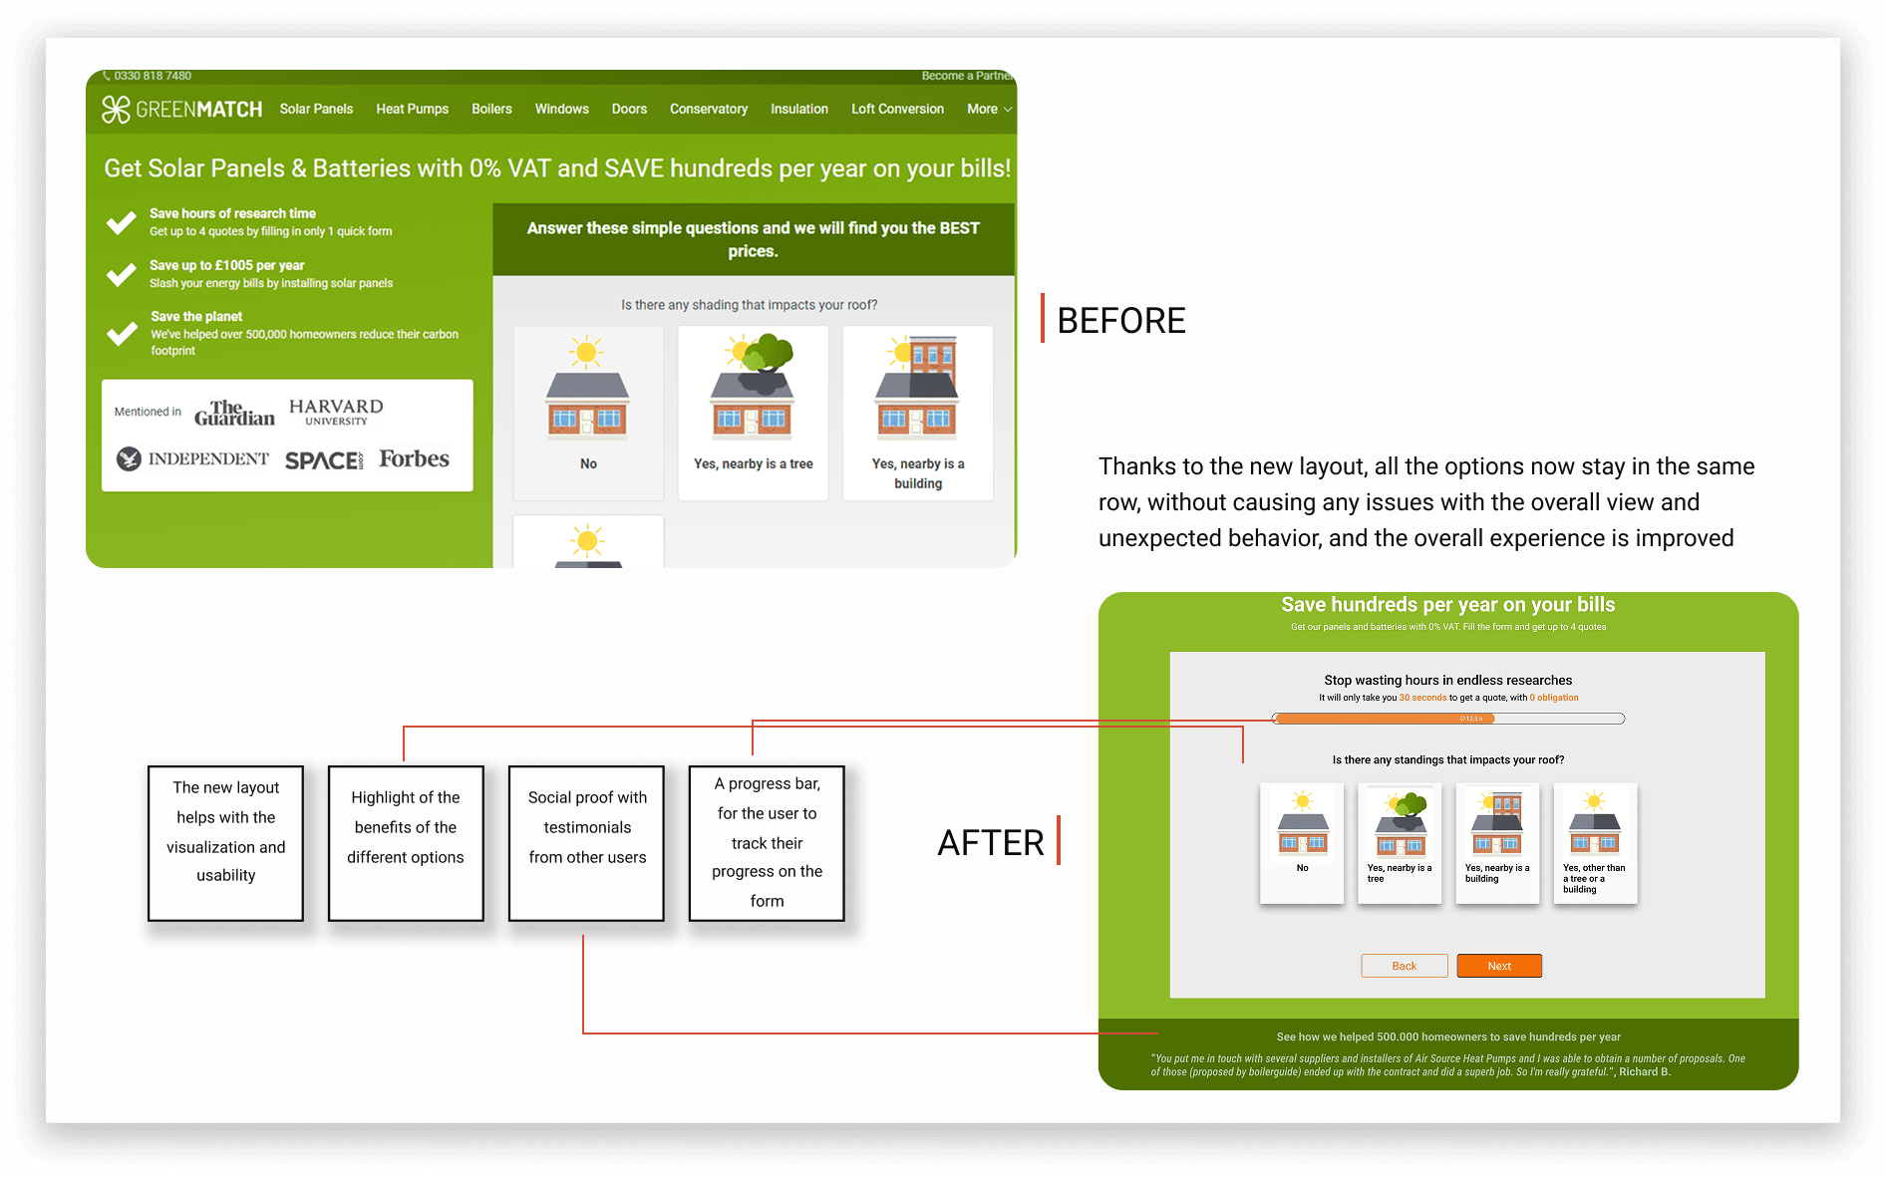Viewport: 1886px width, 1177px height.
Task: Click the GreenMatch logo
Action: pos(181,110)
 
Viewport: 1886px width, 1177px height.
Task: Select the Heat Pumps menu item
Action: pos(412,110)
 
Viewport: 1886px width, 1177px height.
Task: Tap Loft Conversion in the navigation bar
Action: pos(897,110)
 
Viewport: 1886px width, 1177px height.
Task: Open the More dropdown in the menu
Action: pos(988,110)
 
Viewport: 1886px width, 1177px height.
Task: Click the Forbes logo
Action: pos(414,459)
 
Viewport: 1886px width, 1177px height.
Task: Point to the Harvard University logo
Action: pos(336,412)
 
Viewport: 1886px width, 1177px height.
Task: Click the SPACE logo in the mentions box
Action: pos(324,460)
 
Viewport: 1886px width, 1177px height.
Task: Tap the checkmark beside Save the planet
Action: pos(122,333)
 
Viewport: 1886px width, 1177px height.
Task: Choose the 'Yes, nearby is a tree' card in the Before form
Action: pos(753,413)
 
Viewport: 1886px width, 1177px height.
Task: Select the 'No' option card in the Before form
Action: pos(588,413)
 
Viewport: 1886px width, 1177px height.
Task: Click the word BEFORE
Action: pos(1120,321)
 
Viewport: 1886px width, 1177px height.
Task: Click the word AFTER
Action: pos(990,843)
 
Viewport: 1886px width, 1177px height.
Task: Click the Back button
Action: pos(1404,966)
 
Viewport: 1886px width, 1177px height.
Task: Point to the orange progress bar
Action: pos(1386,719)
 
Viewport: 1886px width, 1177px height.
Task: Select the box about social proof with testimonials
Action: pos(586,843)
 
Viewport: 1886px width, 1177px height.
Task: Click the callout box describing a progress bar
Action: pos(767,843)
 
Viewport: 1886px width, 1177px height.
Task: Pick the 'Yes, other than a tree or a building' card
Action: pos(1595,843)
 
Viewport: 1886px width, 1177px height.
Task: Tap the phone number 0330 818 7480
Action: pos(152,76)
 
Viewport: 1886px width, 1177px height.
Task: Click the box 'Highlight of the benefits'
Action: pos(406,843)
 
